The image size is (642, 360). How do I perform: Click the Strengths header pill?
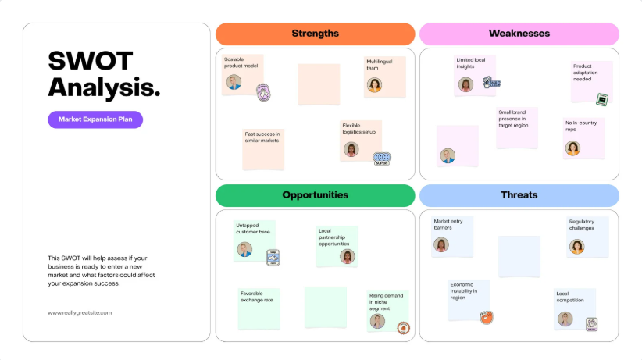(x=315, y=34)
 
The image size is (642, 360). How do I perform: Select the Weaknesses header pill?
(x=519, y=34)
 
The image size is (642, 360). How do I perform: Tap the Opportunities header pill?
(x=315, y=195)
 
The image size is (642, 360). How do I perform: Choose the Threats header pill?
(x=519, y=195)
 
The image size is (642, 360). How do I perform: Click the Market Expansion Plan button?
(x=95, y=119)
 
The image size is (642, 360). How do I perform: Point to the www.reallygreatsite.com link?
(x=80, y=312)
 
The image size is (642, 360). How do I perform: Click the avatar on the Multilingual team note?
(x=375, y=84)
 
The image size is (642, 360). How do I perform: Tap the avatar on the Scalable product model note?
(x=233, y=82)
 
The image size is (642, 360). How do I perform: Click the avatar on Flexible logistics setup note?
(x=351, y=149)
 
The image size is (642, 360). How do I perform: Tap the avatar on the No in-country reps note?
(x=573, y=148)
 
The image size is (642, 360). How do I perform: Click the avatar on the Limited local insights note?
(x=466, y=84)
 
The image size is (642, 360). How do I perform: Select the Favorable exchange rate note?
(x=259, y=307)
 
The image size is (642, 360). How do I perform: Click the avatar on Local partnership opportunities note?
(x=347, y=256)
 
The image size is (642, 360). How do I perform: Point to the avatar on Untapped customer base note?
(x=245, y=250)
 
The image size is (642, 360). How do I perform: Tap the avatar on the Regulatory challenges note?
(x=577, y=247)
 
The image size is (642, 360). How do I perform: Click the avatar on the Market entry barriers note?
(x=441, y=244)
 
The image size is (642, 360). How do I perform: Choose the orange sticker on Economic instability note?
(x=486, y=317)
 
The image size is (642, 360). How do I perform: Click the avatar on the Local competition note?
(x=565, y=319)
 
